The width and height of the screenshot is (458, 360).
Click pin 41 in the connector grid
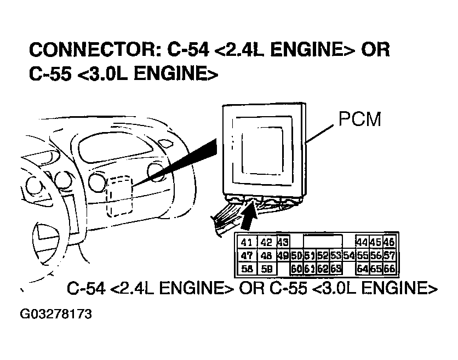(x=247, y=243)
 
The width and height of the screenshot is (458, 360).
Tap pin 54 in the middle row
(x=348, y=255)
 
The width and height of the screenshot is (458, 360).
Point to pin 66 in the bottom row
(x=389, y=268)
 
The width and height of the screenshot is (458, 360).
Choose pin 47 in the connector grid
(x=247, y=255)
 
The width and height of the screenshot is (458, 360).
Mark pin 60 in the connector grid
(x=296, y=268)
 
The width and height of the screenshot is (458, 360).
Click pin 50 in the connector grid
(x=296, y=255)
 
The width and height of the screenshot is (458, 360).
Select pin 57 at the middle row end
(x=389, y=255)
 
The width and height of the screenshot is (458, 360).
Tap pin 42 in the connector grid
(x=266, y=243)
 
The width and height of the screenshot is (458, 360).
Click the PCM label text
(x=359, y=119)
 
